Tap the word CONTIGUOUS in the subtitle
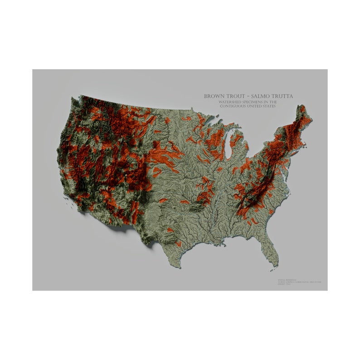[x=234, y=107]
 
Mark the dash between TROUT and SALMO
[x=251, y=97]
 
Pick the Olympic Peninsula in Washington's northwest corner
[x=75, y=102]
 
